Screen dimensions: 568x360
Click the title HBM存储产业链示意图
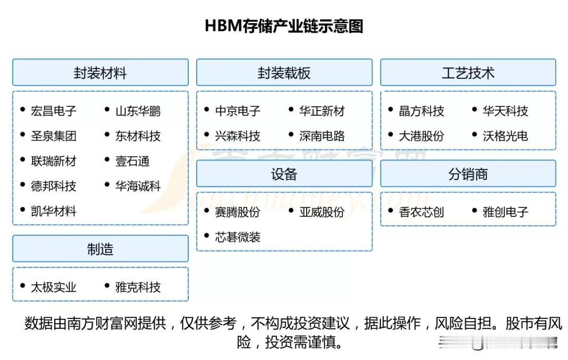click(284, 26)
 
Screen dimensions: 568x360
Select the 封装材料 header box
click(100, 73)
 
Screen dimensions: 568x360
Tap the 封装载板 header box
click(285, 73)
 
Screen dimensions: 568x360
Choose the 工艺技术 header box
click(468, 73)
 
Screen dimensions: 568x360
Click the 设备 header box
click(285, 174)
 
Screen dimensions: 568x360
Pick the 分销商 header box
click(468, 174)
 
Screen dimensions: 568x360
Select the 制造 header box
click(100, 249)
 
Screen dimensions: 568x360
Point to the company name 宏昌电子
click(54, 111)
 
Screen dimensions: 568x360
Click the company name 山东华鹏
click(138, 111)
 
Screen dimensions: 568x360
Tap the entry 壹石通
click(132, 161)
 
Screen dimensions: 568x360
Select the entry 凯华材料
click(54, 211)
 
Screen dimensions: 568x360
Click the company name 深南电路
click(322, 136)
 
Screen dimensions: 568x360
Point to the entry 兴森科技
click(238, 136)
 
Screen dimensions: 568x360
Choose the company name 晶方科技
click(421, 111)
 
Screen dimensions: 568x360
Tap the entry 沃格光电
click(505, 136)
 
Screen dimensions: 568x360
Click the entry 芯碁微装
click(238, 237)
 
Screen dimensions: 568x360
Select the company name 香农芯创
click(421, 212)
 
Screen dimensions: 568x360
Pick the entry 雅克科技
click(138, 287)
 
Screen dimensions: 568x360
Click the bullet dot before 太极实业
click(23, 286)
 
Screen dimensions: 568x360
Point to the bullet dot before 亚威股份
click(291, 211)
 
